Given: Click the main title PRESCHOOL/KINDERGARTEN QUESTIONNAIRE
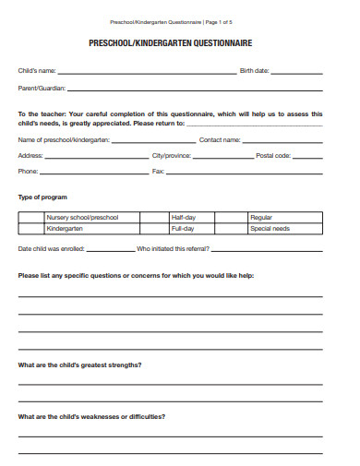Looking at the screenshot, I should [170, 42].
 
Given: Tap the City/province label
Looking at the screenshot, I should [170, 155].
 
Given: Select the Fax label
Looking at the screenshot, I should [158, 172].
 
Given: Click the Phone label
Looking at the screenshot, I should [29, 172].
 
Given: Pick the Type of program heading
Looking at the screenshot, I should [42, 197].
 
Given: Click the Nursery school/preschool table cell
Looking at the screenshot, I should [81, 218].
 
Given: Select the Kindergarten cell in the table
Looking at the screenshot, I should [65, 228].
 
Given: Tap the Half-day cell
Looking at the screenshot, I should [183, 218].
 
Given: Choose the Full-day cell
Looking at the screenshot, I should [183, 228].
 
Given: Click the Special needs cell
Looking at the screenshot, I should [270, 228].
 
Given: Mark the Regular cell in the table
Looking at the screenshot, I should [261, 218].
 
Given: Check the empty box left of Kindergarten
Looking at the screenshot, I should [30, 228].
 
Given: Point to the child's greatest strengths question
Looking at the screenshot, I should [79, 364].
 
